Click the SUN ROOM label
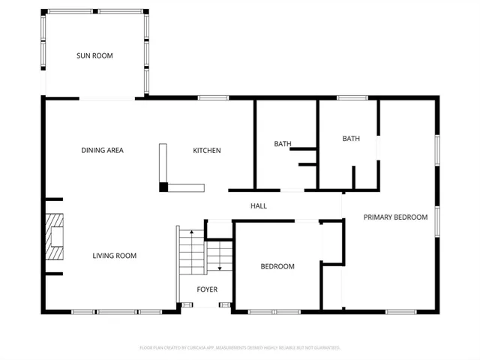(94, 55)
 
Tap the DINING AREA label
(102, 151)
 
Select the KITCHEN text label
(207, 151)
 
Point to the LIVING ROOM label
(115, 256)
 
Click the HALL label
(258, 206)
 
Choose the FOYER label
(207, 289)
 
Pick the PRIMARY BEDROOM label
(395, 217)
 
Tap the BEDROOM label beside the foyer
(277, 266)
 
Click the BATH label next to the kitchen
(282, 144)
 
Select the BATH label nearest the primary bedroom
(351, 139)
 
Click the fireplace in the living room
(54, 236)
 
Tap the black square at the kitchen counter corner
(163, 187)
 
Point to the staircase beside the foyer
(193, 252)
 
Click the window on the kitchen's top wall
(214, 97)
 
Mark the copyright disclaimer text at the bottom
(240, 348)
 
